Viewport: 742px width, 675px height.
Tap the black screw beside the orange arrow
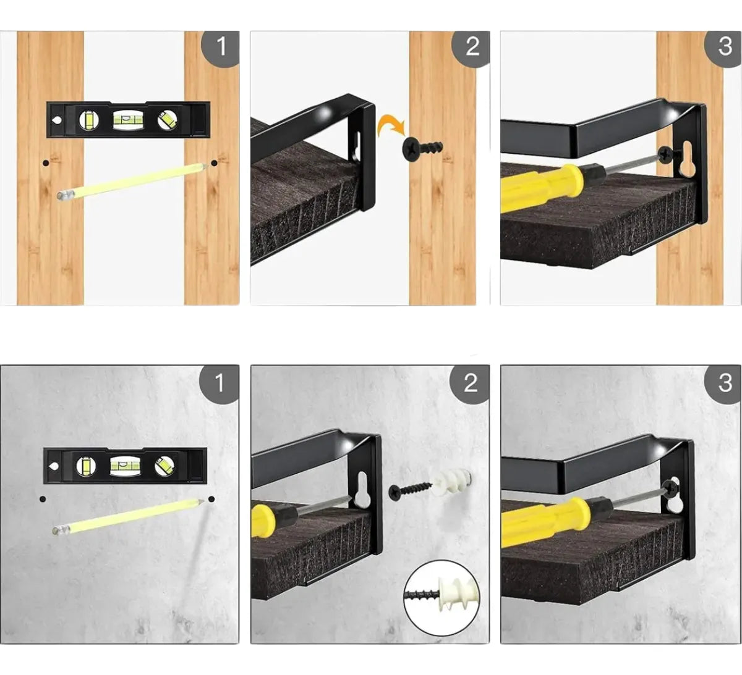[x=422, y=148]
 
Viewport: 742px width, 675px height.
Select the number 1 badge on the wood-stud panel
[x=221, y=48]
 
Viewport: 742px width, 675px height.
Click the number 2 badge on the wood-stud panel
[x=471, y=48]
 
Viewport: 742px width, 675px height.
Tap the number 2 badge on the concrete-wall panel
[x=470, y=383]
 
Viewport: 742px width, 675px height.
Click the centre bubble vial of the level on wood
[x=128, y=120]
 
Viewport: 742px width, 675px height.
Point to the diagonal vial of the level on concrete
[x=164, y=466]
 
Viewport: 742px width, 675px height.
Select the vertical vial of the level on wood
[x=89, y=120]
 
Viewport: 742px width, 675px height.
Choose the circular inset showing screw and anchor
[x=441, y=598]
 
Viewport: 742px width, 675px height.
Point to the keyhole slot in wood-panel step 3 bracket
[x=686, y=159]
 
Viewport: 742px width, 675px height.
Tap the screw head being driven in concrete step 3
[x=670, y=490]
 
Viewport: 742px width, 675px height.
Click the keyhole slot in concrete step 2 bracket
[x=361, y=489]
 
